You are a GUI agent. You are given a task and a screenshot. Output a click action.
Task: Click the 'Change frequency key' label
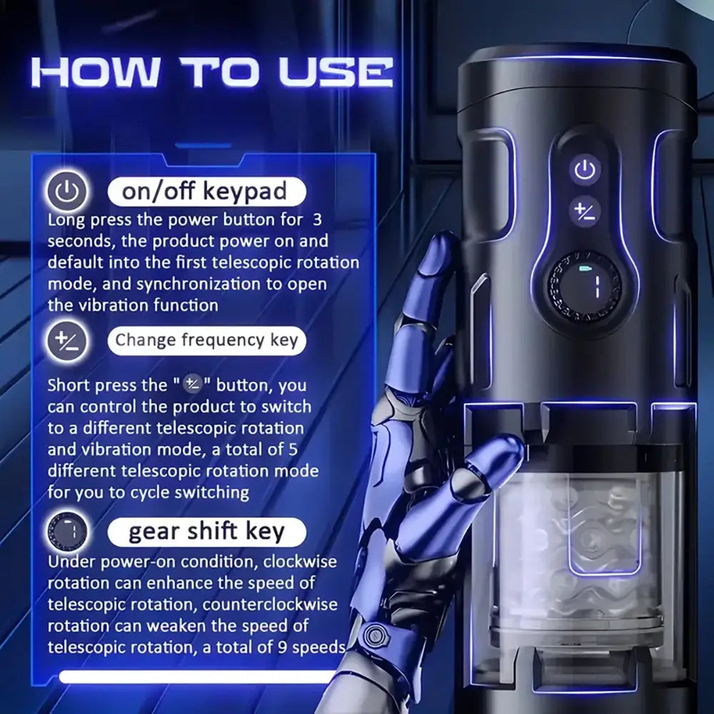206,340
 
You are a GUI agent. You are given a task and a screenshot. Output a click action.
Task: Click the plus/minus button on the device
585,211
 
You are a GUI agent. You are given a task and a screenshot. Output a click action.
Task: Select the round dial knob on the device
584,286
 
